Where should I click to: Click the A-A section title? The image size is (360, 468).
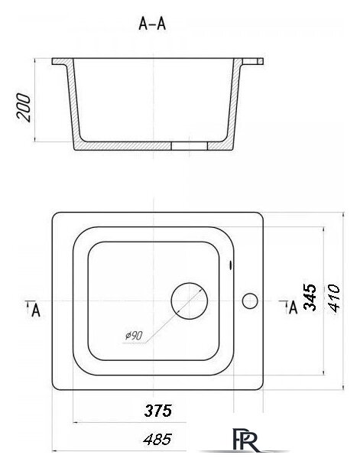pyautogui.click(x=152, y=24)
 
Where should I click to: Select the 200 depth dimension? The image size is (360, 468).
pyautogui.click(x=24, y=108)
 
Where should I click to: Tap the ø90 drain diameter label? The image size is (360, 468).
pyautogui.click(x=134, y=336)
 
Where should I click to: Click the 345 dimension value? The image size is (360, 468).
pyautogui.click(x=310, y=297)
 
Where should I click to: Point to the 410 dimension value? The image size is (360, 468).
pyautogui.click(x=333, y=298)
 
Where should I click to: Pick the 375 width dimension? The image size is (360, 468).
pyautogui.click(x=158, y=411)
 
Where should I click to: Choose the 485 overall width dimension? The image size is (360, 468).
pyautogui.click(x=157, y=440)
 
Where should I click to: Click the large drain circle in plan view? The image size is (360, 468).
pyautogui.click(x=189, y=283)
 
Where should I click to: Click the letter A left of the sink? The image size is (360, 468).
pyautogui.click(x=36, y=310)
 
